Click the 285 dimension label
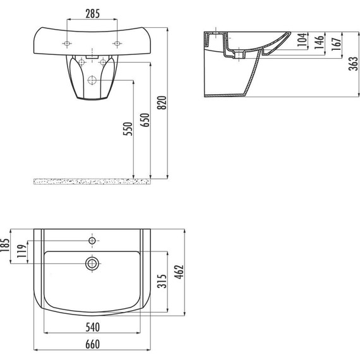92,13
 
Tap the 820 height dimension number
162,102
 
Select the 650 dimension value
145,120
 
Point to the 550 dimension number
128,129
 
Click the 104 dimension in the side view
302,40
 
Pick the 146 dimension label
319,42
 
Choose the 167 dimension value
336,44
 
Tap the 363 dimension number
354,64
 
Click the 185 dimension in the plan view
5,245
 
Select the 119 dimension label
22,251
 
